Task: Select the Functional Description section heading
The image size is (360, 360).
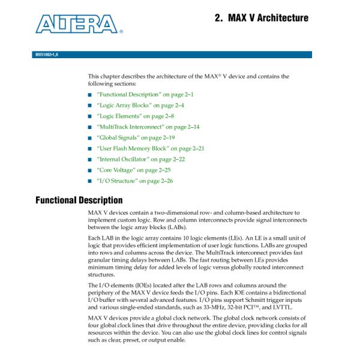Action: point(79,199)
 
